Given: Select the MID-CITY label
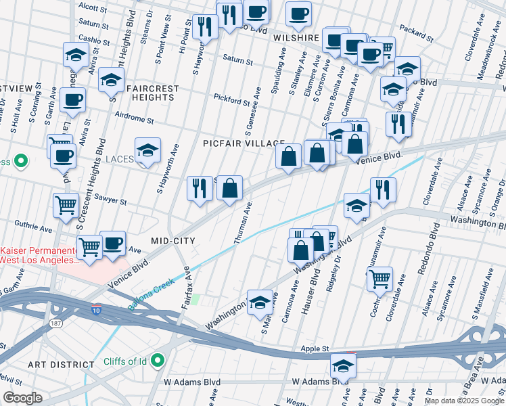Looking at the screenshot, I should tap(172, 241).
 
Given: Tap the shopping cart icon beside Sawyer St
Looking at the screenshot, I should tap(66, 204).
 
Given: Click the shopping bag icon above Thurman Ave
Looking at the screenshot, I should tap(230, 188).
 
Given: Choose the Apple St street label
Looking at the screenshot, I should tap(315, 349).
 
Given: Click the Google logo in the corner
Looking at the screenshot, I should tap(22, 398).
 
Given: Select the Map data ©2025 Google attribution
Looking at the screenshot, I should tap(463, 401).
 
